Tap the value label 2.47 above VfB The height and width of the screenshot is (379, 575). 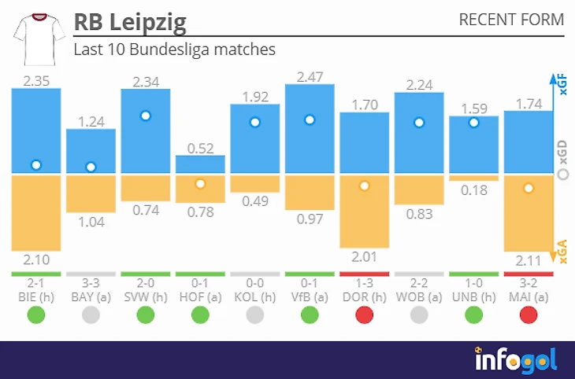(310, 77)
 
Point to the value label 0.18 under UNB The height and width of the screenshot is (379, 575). (473, 189)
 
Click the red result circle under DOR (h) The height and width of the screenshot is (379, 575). (365, 315)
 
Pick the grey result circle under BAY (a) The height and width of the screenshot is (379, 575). (91, 315)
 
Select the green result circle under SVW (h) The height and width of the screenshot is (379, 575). (146, 315)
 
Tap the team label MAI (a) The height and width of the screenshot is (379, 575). (529, 297)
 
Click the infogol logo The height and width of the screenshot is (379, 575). (516, 359)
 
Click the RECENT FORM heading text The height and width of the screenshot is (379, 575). (511, 20)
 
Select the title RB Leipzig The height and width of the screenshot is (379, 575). (130, 22)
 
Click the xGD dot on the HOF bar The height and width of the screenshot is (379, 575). (200, 183)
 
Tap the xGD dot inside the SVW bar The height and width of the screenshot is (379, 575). (146, 116)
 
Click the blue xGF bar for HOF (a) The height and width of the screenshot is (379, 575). (200, 164)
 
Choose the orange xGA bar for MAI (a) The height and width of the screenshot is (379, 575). (529, 213)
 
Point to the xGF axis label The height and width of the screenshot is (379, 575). (562, 87)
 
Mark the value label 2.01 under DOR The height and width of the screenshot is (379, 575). (365, 256)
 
